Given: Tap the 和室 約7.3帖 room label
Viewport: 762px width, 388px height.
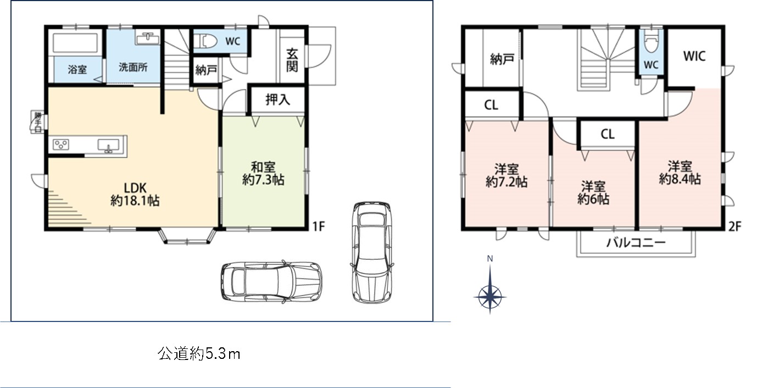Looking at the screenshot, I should pos(263,173).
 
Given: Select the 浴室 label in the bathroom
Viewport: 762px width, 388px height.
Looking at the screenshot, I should pos(77,70).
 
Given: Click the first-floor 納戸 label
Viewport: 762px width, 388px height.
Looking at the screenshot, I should pos(206,70).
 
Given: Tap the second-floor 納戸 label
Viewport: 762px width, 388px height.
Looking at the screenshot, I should pos(502,59).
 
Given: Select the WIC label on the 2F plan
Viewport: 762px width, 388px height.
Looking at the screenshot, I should pos(694,56).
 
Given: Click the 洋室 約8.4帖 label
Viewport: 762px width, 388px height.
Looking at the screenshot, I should pos(680,173).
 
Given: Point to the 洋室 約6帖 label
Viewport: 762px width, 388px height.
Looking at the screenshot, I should pos(593,192).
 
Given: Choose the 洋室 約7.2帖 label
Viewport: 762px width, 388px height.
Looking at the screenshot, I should pos(506,175).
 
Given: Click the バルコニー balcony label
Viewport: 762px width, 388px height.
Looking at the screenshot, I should pos(636,243).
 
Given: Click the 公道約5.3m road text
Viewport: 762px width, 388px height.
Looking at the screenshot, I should pos(199,354).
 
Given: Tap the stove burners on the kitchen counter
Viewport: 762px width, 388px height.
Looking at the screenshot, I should pos(61,145).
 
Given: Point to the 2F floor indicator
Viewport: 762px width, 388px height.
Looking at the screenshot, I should pos(736,225).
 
